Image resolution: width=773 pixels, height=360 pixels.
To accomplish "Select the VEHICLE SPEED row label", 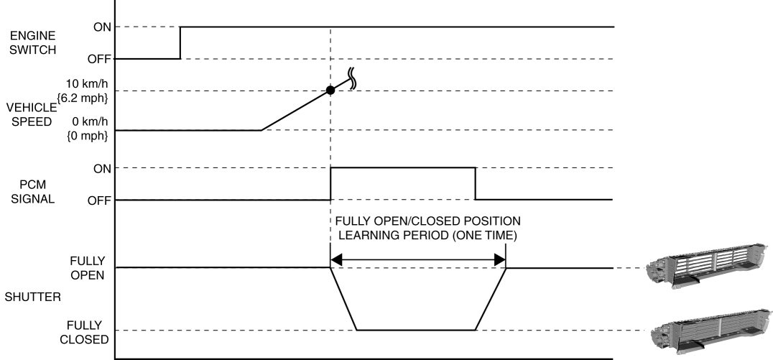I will (x=24, y=115).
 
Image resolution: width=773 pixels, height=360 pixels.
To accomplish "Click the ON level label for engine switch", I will (x=103, y=27).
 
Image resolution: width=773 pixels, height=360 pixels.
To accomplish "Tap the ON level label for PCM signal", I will (x=103, y=168).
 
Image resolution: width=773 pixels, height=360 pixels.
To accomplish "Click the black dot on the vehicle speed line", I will (x=330, y=91).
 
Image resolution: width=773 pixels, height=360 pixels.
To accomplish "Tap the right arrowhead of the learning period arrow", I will (x=501, y=261).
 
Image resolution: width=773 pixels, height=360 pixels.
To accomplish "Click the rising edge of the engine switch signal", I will (x=180, y=43).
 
